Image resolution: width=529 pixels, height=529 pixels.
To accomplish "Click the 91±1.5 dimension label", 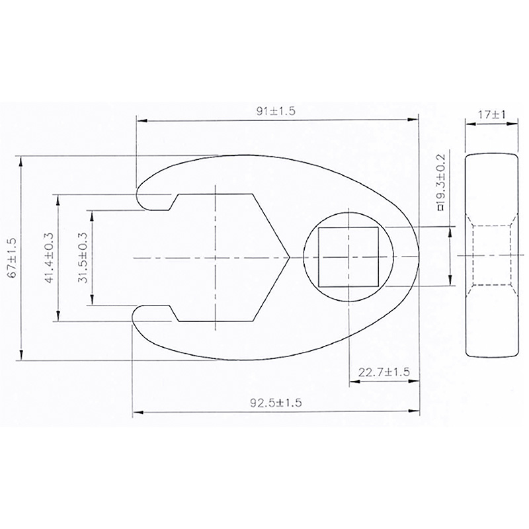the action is pos(276,111).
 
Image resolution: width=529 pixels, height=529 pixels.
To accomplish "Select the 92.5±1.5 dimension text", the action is pos(276,403).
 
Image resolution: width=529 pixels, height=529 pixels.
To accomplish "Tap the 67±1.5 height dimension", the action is pos(12,257).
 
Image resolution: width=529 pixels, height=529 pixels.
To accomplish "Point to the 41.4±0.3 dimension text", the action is pos(49,258).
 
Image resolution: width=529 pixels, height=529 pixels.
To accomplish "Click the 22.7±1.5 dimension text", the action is pos(384,372).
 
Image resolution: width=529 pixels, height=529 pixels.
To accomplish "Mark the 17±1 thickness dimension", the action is pos(491,114).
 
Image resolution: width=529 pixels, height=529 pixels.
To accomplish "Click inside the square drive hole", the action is pos(348,257).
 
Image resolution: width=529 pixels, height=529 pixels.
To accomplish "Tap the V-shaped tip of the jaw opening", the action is pos(290,258).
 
